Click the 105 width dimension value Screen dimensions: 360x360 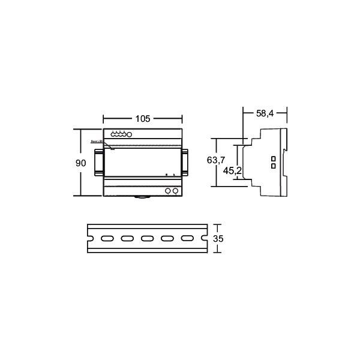tap(142, 119)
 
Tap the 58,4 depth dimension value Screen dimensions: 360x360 tap(265, 112)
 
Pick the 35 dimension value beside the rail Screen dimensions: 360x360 tap(219, 239)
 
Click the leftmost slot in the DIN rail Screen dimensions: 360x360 tap(107, 239)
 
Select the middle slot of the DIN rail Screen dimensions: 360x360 tap(147, 239)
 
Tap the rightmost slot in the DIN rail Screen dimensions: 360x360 tap(187, 239)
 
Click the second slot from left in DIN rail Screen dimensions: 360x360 tap(127, 239)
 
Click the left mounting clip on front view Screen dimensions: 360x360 tap(98, 162)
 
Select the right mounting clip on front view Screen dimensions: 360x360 tap(186, 162)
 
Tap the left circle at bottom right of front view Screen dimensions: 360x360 tap(167, 191)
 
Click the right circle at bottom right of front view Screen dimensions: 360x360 tap(175, 191)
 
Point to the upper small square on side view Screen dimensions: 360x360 tap(273, 158)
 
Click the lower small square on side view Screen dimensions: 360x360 tap(273, 165)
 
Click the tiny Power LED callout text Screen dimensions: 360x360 tap(97, 141)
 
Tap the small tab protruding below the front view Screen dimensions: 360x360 tap(142, 197)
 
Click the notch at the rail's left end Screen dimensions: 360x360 tap(89, 239)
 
